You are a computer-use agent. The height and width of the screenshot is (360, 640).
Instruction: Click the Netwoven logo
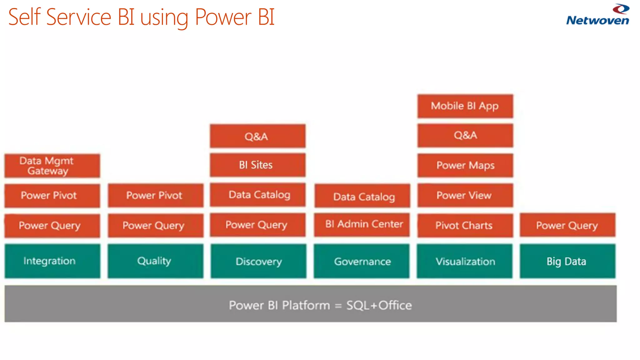[x=597, y=15]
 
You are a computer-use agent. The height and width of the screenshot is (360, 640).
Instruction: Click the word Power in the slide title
[x=223, y=17]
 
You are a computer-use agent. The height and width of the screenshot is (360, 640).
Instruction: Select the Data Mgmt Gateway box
[x=52, y=166]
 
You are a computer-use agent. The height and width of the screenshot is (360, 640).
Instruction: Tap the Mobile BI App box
[x=465, y=106]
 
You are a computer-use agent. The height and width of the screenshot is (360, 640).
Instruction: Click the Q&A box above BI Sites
[x=257, y=136]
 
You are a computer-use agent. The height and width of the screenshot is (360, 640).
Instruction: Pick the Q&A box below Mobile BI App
[x=465, y=135]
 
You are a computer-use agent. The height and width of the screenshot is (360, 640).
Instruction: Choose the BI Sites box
[x=257, y=165]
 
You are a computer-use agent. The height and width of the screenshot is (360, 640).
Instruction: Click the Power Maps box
[x=465, y=165]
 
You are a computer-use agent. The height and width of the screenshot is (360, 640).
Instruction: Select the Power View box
[x=465, y=195]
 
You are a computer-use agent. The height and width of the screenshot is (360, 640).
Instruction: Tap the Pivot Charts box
[x=465, y=225]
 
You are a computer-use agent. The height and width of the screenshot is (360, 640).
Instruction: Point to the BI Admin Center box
[x=362, y=224]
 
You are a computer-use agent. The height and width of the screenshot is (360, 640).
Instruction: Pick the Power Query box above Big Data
[x=567, y=225]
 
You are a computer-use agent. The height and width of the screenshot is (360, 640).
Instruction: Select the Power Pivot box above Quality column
[x=155, y=195]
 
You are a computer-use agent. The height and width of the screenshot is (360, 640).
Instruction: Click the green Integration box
[x=52, y=261]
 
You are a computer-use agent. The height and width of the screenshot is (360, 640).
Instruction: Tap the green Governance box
[x=362, y=261]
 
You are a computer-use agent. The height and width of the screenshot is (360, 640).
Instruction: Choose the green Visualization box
[x=465, y=261]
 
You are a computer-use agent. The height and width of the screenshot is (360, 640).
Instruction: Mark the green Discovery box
[x=258, y=261]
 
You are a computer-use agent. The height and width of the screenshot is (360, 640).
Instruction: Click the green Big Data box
[x=567, y=261]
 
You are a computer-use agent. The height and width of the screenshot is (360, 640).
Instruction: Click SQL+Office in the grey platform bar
[x=379, y=305]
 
